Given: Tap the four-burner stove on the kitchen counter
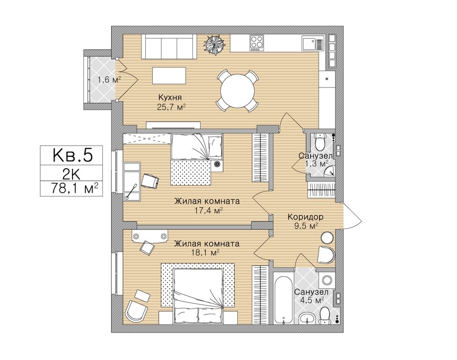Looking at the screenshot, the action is click(x=257, y=43).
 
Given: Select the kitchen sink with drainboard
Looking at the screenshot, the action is click(x=313, y=43).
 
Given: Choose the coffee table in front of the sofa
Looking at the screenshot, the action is click(x=169, y=76).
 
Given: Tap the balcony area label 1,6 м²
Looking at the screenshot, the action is click(x=110, y=80).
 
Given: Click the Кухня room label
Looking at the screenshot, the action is click(x=170, y=97).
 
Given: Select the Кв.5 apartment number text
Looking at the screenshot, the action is click(x=73, y=155).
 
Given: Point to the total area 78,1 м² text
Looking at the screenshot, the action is click(x=75, y=188).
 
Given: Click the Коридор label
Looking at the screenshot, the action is click(x=305, y=217).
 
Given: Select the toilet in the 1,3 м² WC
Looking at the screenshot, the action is click(x=320, y=141).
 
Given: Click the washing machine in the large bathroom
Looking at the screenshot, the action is click(x=327, y=280).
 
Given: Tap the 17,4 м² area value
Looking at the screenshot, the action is click(x=208, y=210).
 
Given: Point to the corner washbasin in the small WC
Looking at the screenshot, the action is click(x=330, y=171).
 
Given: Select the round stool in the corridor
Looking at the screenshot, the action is click(x=327, y=238).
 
